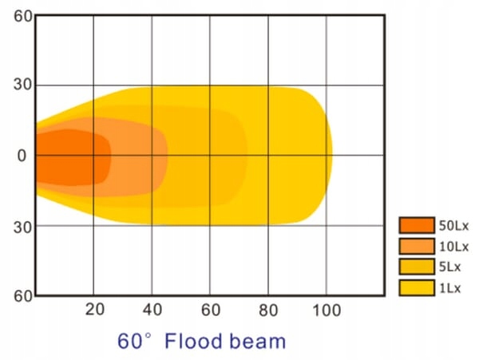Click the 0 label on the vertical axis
click(22, 156)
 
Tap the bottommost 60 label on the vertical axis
click(22, 296)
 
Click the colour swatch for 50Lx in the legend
click(417, 226)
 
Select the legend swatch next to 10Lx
click(417, 246)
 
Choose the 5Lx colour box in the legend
click(417, 266)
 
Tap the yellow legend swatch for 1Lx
click(417, 286)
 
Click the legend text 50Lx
click(453, 226)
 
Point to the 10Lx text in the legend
click(453, 246)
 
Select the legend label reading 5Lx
click(450, 266)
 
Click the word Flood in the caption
click(192, 342)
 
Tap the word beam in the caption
click(256, 342)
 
